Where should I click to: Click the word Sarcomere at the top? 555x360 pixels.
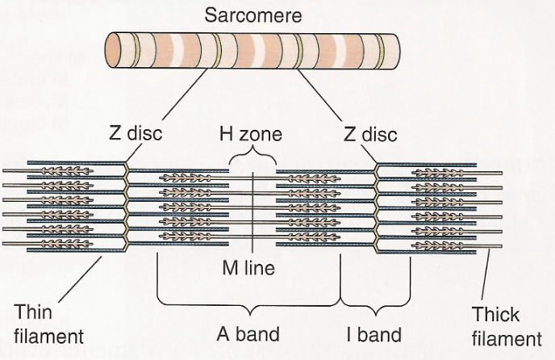pos(252,15)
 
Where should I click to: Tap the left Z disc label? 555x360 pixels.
pos(135,132)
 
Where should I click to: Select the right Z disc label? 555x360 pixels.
pos(370,132)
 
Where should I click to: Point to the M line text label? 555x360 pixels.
pos(252,268)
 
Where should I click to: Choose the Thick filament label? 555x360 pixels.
pos(507,326)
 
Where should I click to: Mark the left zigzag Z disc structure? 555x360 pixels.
pos(127,202)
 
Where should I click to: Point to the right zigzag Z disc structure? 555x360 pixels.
pos(378,202)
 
